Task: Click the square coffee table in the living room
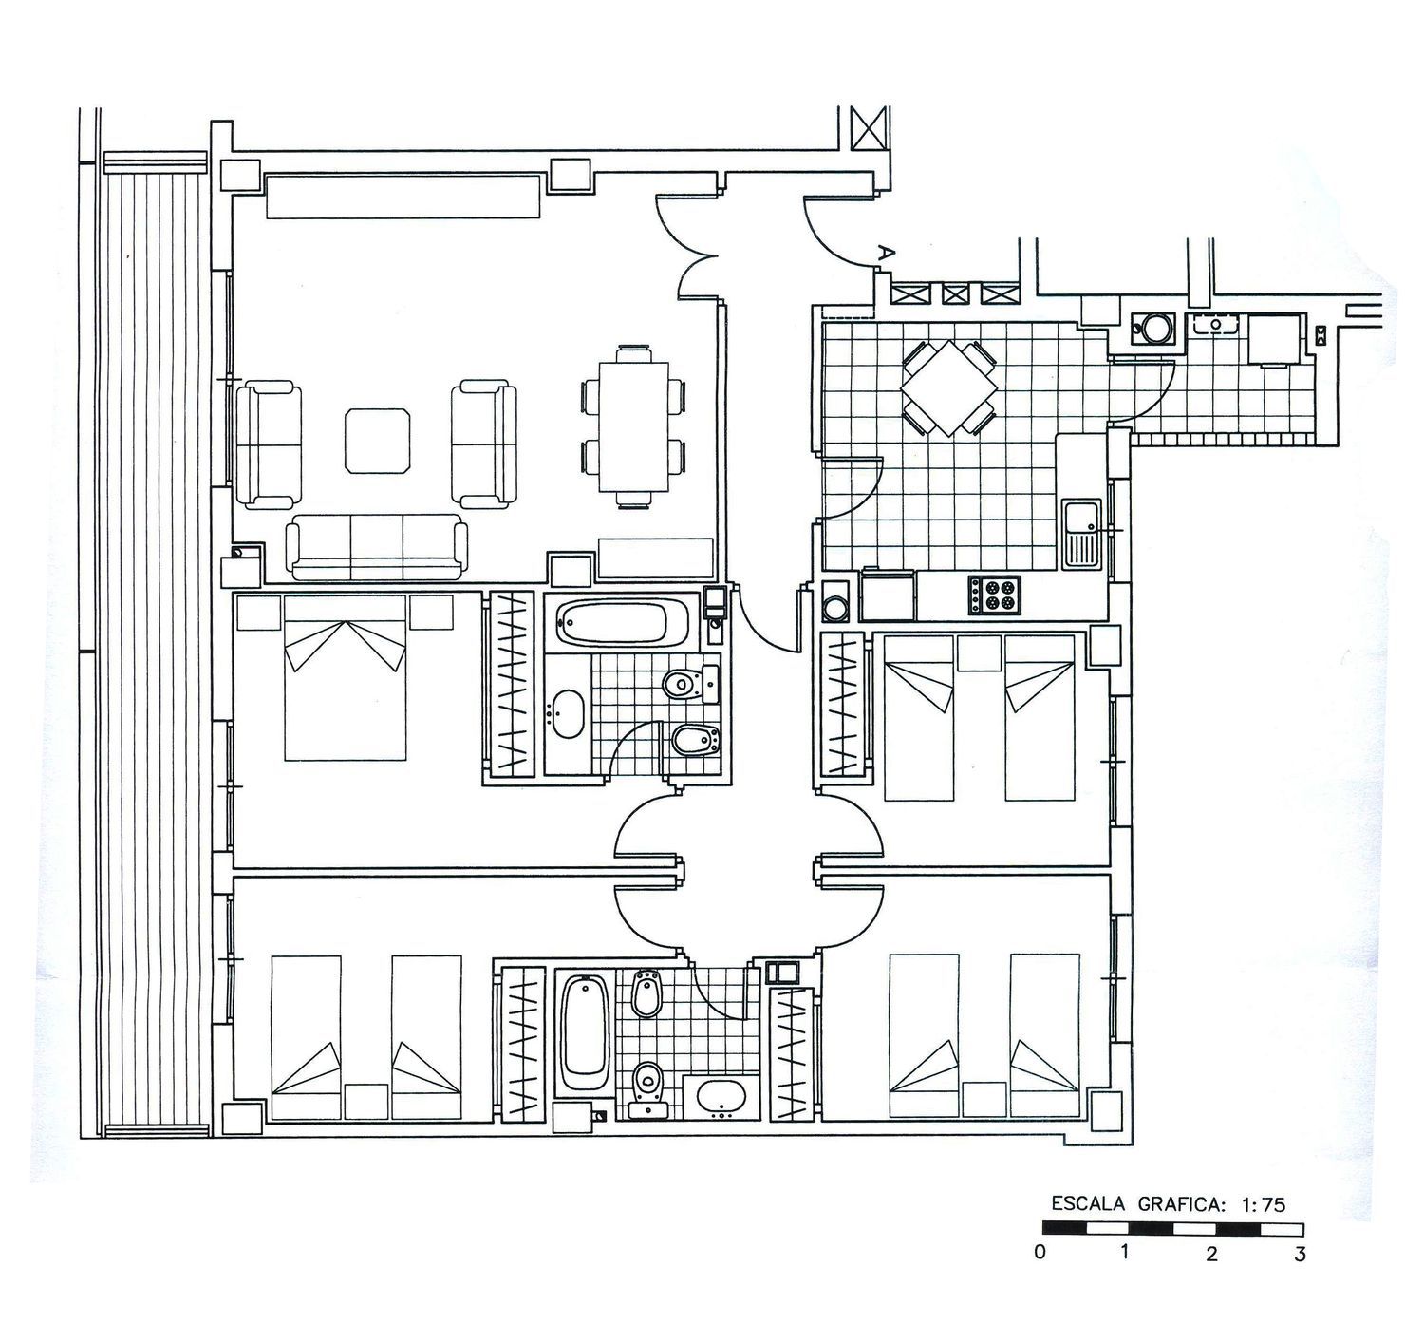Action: tap(378, 441)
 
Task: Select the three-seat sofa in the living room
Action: tap(377, 547)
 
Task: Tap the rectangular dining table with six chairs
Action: tap(634, 426)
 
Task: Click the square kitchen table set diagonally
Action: tap(948, 388)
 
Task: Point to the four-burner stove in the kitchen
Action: tap(995, 595)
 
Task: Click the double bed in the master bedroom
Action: tap(345, 677)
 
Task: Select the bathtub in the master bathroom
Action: tap(623, 623)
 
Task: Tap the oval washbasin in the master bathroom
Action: tap(568, 714)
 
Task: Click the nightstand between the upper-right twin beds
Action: tap(979, 653)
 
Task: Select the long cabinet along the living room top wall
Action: tap(403, 196)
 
